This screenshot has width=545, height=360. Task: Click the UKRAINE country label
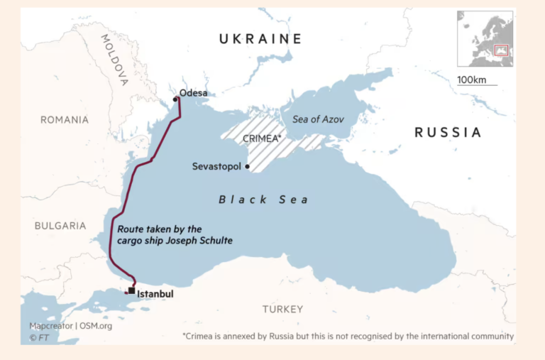260,39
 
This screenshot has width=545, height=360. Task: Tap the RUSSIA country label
447,132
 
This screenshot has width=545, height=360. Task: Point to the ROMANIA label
65,120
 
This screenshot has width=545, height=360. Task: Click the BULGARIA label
60,226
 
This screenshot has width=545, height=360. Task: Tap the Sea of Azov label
318,119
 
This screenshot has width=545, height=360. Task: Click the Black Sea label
263,200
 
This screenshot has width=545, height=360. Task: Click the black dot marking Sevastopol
247,167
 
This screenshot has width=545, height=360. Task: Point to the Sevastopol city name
216,166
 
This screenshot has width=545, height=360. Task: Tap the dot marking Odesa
175,99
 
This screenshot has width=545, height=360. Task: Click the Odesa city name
194,93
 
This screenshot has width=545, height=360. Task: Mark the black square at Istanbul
131,290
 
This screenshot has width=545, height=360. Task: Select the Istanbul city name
155,293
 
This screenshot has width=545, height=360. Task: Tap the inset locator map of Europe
485,38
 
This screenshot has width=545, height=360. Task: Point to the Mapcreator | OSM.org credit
70,326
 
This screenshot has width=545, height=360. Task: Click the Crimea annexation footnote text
348,336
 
